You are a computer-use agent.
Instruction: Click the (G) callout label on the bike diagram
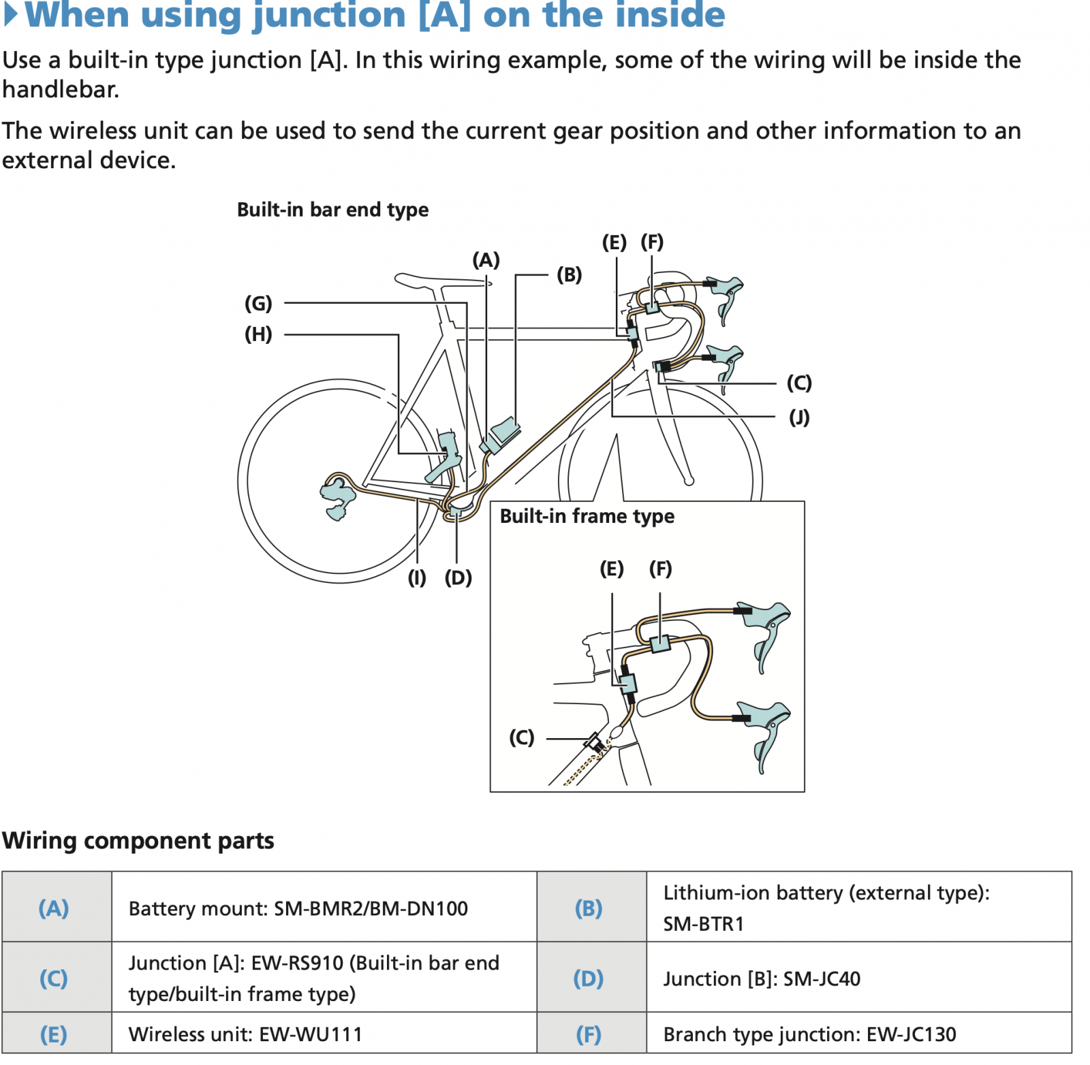click(258, 303)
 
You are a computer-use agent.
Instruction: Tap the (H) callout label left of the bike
click(258, 334)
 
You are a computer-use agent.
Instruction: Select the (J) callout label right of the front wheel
click(799, 417)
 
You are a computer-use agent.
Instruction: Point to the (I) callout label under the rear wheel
click(417, 578)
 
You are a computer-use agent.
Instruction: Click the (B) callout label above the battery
click(569, 275)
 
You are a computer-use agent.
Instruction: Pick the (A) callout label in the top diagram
click(486, 260)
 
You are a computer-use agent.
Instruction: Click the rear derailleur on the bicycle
click(337, 496)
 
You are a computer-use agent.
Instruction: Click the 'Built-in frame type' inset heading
click(587, 516)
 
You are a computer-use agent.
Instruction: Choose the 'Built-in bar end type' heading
click(332, 210)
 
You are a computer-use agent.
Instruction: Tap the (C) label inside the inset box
click(522, 737)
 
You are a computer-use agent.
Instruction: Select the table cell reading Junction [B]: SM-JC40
click(762, 979)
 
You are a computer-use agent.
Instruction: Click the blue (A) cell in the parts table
click(54, 908)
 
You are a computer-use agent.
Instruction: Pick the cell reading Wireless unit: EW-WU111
click(245, 1035)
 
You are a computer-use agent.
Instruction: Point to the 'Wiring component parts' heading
click(138, 841)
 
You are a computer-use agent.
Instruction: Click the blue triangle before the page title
click(11, 15)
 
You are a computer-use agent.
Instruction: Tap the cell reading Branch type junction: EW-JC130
click(809, 1035)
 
